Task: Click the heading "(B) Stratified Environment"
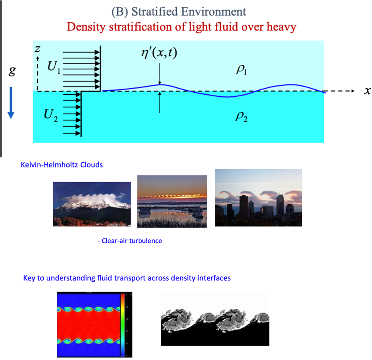click(x=179, y=12)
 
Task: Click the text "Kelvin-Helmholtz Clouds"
click(x=61, y=165)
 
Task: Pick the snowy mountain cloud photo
click(x=92, y=204)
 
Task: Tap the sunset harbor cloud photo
click(x=172, y=201)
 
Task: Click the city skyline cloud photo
click(x=258, y=197)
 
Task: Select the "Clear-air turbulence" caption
click(x=132, y=241)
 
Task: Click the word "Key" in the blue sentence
click(x=30, y=278)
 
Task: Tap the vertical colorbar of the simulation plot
click(x=122, y=324)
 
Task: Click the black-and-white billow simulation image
click(x=215, y=319)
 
